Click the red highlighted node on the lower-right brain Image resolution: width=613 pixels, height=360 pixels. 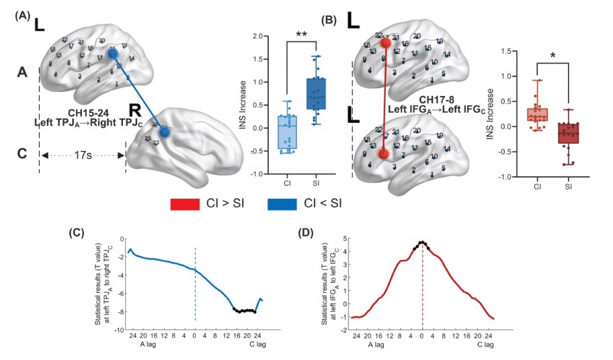pos(383,154)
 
